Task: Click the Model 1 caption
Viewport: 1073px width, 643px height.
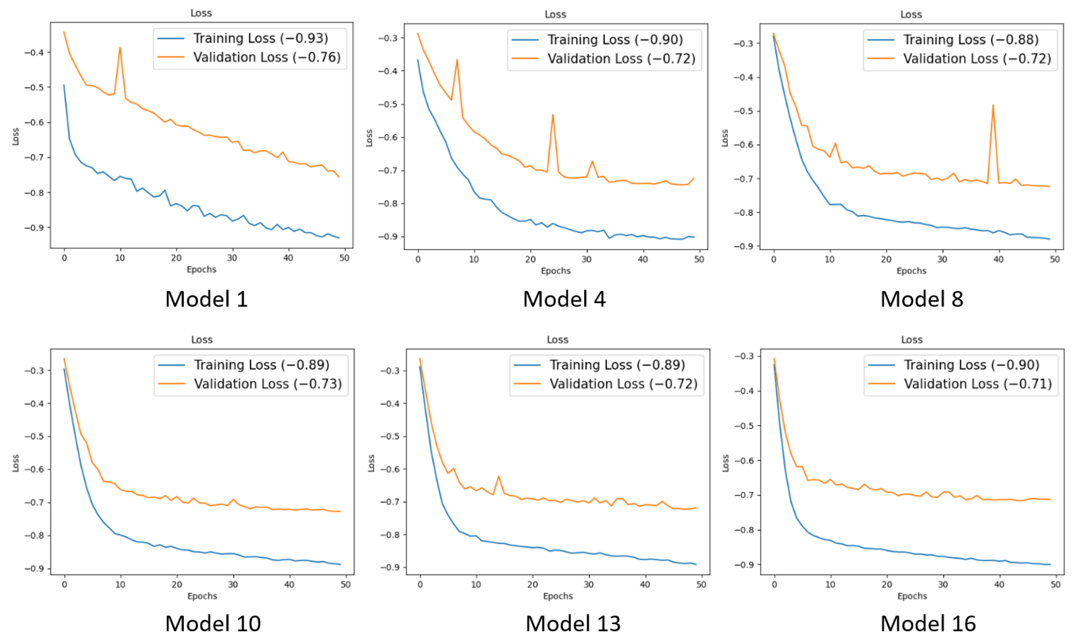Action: tap(206, 299)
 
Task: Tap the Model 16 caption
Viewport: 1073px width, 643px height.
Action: tap(928, 624)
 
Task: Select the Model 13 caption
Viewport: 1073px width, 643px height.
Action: tap(573, 624)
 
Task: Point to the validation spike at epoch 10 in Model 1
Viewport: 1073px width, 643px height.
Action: tap(120, 48)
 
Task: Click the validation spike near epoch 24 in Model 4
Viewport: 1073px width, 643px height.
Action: tap(553, 115)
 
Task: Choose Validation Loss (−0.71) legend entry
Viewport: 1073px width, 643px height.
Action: tap(977, 384)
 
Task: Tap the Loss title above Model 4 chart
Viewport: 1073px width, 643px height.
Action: tap(555, 14)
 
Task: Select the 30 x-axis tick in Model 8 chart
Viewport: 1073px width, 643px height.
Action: tap(942, 259)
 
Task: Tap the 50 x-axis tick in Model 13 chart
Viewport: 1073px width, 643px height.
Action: tap(701, 584)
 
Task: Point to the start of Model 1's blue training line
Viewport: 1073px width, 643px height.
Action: tap(64, 85)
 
